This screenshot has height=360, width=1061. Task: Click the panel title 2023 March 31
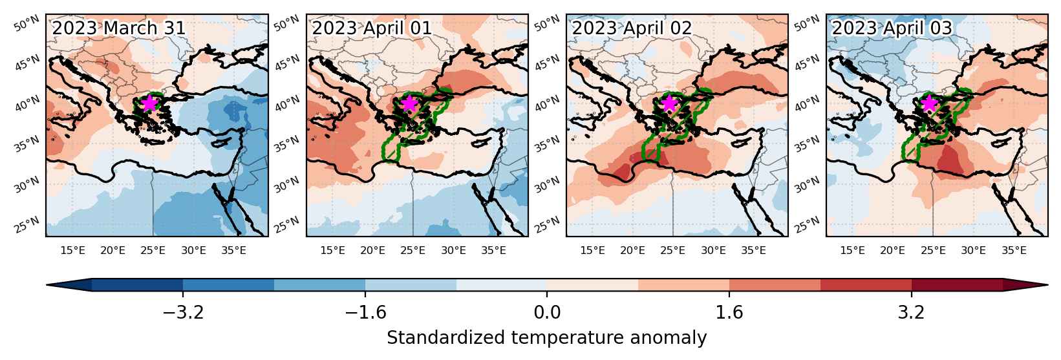point(118,28)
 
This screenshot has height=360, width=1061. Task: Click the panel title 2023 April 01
point(372,28)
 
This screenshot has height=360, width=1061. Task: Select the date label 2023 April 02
point(632,28)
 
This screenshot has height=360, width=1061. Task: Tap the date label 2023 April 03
point(892,28)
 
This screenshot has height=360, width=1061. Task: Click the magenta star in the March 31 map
point(149,103)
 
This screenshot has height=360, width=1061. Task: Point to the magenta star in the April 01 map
point(409,103)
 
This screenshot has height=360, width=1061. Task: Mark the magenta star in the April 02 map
point(669,103)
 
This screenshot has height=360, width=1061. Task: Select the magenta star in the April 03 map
point(929,103)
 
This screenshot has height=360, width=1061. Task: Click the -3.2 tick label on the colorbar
point(184,313)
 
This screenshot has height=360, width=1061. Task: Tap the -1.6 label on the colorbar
point(365,313)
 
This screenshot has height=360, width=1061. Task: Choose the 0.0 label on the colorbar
point(547,313)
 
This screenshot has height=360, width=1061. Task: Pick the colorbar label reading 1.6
point(729,313)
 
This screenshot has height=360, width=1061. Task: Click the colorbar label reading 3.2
point(912,313)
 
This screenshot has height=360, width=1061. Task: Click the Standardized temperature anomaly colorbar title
point(546,338)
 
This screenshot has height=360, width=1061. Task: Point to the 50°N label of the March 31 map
point(27,23)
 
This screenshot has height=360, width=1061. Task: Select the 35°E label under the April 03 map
point(1014,250)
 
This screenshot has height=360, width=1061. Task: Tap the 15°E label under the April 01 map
point(332,250)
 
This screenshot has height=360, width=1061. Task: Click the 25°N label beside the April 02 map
point(546,226)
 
